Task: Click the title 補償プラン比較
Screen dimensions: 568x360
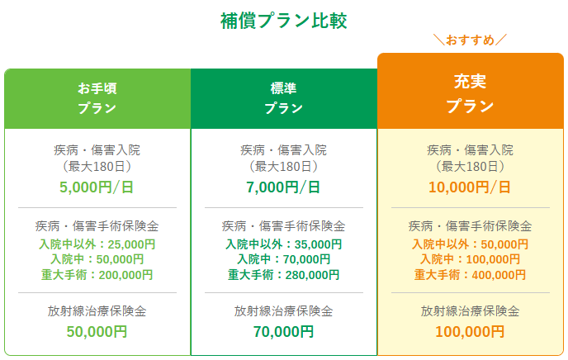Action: coord(284,21)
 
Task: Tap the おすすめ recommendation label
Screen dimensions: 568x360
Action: coord(471,40)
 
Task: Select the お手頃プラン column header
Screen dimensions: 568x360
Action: coord(97,98)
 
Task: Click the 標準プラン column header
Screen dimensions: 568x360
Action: coord(284,98)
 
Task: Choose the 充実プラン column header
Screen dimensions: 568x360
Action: coord(471,92)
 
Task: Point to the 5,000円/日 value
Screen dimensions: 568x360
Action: coord(97,187)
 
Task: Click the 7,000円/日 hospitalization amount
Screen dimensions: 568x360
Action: coord(283,187)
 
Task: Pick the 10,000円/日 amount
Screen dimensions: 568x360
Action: coord(470,187)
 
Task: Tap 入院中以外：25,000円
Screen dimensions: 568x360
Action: coord(97,244)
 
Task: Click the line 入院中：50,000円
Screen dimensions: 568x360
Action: coord(97,259)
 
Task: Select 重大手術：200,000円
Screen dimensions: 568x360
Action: coord(97,275)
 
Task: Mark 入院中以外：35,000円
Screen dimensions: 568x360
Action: coord(284,244)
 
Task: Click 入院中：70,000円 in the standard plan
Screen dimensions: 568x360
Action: coord(284,259)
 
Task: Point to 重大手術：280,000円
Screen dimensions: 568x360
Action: coord(284,275)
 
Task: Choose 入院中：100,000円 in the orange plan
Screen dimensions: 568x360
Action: coord(471,259)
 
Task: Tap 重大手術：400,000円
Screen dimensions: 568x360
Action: coord(471,275)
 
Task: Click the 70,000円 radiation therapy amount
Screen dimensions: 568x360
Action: coord(284,332)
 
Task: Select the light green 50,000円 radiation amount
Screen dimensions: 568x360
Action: coord(97,332)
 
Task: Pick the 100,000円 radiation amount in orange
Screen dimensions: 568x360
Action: coord(471,332)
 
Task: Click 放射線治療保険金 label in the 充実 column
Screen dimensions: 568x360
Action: coord(471,311)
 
